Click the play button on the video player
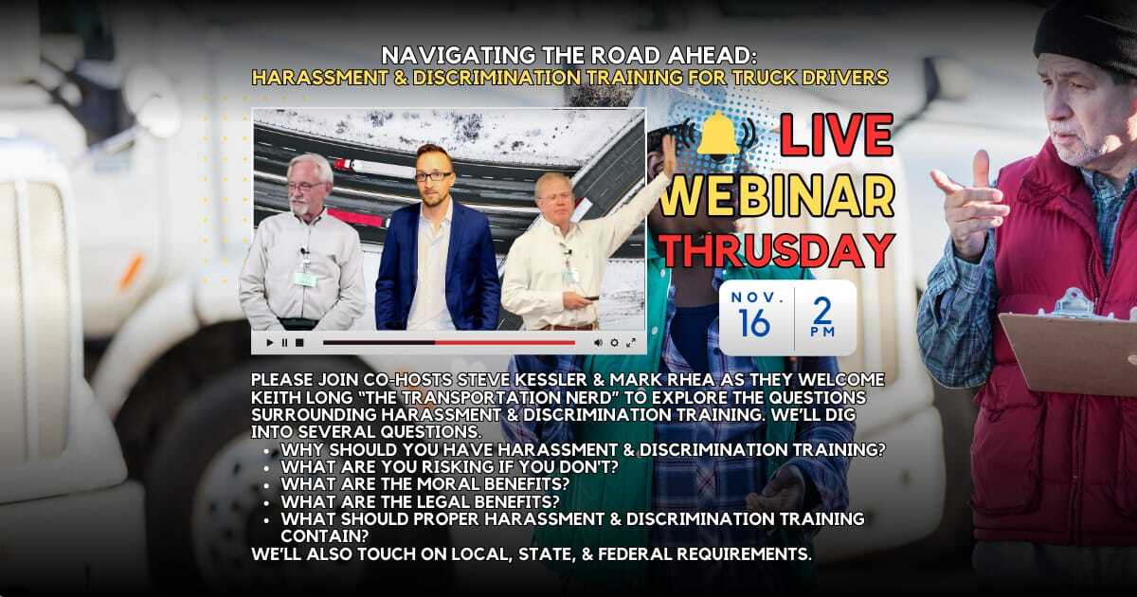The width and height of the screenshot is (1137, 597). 269,342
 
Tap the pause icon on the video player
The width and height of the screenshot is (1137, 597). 284,342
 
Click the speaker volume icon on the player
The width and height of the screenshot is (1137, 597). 598,342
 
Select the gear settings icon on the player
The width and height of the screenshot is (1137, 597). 614,342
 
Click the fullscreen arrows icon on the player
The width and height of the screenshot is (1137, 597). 631,342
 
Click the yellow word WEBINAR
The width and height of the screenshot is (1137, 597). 777,195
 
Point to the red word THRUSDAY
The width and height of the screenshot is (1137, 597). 777,249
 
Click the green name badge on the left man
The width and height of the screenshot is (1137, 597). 305,279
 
